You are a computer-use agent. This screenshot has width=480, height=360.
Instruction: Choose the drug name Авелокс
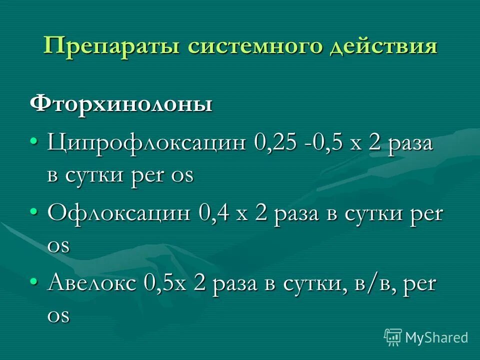[x=92, y=284]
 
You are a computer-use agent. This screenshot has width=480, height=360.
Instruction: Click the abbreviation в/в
[x=370, y=284]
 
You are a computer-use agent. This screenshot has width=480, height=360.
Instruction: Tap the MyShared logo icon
[x=393, y=337]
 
